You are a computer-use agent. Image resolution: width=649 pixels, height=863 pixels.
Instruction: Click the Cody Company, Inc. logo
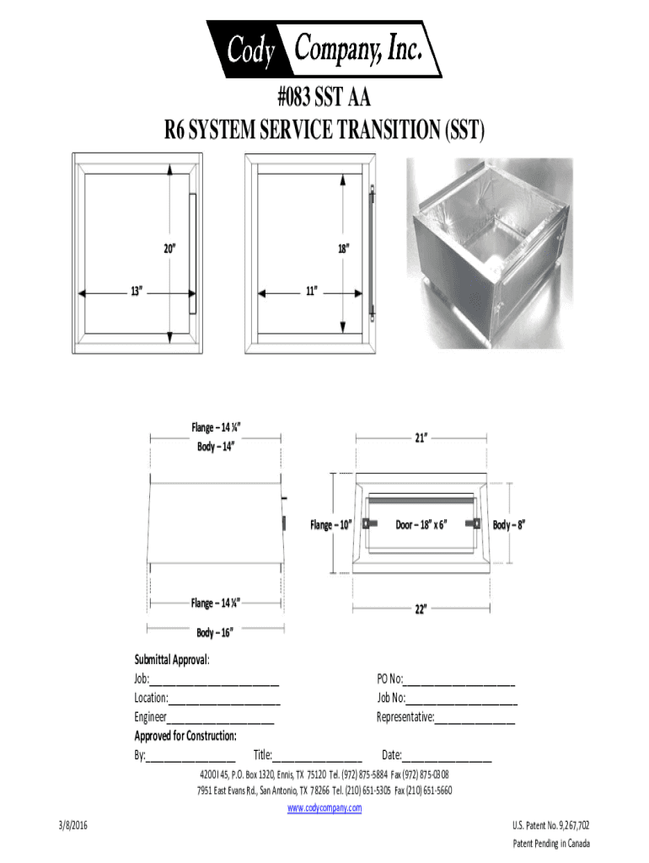pyautogui.click(x=324, y=51)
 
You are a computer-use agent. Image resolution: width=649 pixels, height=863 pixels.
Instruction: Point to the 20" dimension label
pyautogui.click(x=169, y=249)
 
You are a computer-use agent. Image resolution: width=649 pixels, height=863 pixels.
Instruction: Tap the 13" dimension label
pyautogui.click(x=134, y=292)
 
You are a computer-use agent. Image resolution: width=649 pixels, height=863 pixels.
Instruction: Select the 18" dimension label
pyautogui.click(x=343, y=249)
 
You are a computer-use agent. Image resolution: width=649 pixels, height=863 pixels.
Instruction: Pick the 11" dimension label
pyautogui.click(x=311, y=292)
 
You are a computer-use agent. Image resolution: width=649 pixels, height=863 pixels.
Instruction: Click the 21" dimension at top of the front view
pyautogui.click(x=421, y=438)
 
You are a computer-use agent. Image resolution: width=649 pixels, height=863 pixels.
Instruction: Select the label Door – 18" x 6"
pyautogui.click(x=421, y=524)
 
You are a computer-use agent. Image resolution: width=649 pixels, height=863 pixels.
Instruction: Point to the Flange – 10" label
pyautogui.click(x=330, y=525)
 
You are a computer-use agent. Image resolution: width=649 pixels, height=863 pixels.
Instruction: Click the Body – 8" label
pyautogui.click(x=509, y=525)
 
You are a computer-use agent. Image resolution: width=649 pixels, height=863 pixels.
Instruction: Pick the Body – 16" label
pyautogui.click(x=214, y=632)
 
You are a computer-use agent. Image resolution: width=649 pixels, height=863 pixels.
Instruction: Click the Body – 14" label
pyautogui.click(x=215, y=447)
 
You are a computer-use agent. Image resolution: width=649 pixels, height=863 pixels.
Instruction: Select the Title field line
pyautogui.click(x=317, y=758)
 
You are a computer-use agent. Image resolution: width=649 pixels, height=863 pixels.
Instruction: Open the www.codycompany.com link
pyautogui.click(x=324, y=808)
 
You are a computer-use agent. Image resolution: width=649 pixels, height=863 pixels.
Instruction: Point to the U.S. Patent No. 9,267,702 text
pyautogui.click(x=551, y=826)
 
